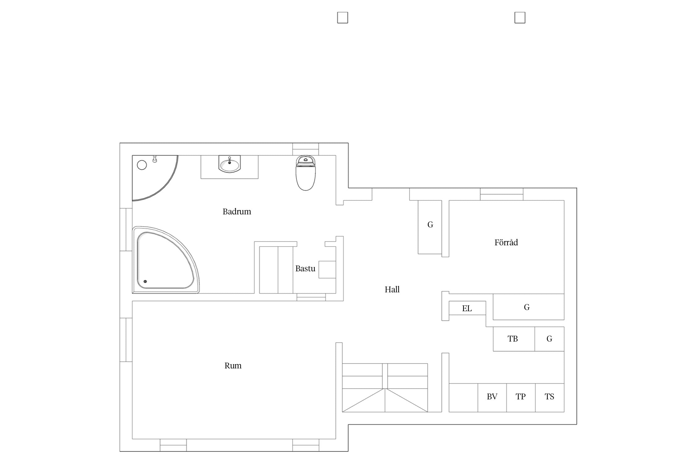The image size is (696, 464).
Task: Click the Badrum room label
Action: click(237, 212)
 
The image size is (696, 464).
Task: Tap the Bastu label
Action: click(305, 269)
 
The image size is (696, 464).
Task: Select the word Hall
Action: click(392, 290)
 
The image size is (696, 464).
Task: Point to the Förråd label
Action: click(506, 242)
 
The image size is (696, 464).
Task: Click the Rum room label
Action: click(233, 366)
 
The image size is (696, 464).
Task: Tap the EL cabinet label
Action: click(467, 308)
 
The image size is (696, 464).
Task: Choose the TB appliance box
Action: click(514, 339)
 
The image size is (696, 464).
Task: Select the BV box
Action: click(492, 398)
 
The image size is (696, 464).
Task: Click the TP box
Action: click(521, 398)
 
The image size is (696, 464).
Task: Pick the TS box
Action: click(550, 398)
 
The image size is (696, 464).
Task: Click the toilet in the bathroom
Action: click(306, 173)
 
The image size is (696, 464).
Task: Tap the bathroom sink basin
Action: click(230, 164)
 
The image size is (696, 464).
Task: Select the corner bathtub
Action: click(165, 260)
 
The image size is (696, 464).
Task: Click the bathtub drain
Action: click(145, 281)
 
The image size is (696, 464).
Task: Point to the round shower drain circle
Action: click(142, 165)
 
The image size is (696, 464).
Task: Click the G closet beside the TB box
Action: click(549, 339)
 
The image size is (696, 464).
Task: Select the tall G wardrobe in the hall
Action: click(430, 227)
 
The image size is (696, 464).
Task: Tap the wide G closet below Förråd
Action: click(528, 307)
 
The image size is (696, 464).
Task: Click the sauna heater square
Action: click(327, 269)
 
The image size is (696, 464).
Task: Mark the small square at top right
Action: click(520, 18)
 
